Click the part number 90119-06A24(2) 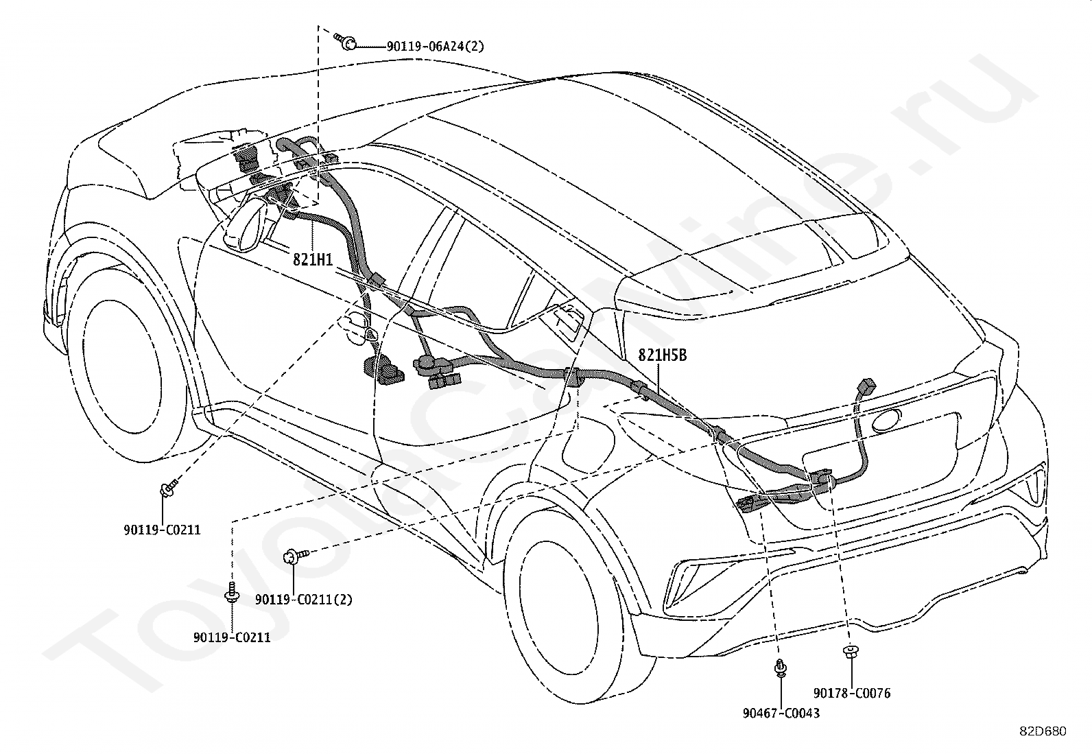tap(436, 47)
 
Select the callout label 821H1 tap(313, 259)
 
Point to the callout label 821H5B tap(663, 355)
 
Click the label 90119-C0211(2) tap(303, 600)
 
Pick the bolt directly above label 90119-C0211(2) tap(296, 556)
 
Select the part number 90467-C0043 tap(781, 713)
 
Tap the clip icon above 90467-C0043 tap(781, 668)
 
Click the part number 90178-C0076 tap(852, 693)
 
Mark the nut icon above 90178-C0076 tap(851, 651)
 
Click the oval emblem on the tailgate tap(886, 420)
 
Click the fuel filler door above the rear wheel tap(586, 441)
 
